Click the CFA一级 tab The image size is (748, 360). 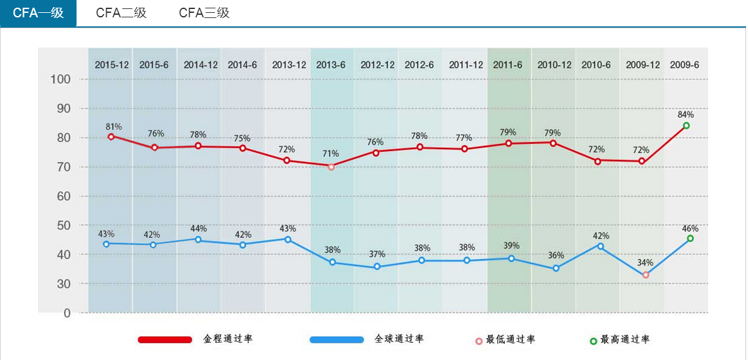pyautogui.click(x=38, y=13)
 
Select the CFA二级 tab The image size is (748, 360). pyautogui.click(x=121, y=13)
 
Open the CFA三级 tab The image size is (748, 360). pyautogui.click(x=204, y=13)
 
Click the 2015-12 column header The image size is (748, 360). pyautogui.click(x=111, y=65)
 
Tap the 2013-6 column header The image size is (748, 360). pyautogui.click(x=331, y=65)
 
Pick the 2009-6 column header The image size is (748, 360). pyautogui.click(x=684, y=65)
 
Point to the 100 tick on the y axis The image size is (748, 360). pyautogui.click(x=60, y=80)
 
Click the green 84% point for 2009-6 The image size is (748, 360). pyautogui.click(x=686, y=126)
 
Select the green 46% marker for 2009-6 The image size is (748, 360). pyautogui.click(x=690, y=239)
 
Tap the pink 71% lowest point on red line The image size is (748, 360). pyautogui.click(x=331, y=166)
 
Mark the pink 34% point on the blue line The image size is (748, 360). pyautogui.click(x=646, y=274)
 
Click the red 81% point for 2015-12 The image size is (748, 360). pyautogui.click(x=111, y=136)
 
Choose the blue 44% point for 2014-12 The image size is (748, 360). pyautogui.click(x=198, y=240)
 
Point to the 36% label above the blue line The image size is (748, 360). pyautogui.click(x=556, y=255)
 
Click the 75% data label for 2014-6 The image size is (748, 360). pyautogui.click(x=242, y=138)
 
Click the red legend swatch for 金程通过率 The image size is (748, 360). pyautogui.click(x=165, y=339)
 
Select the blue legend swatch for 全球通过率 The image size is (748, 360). pyautogui.click(x=336, y=339)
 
